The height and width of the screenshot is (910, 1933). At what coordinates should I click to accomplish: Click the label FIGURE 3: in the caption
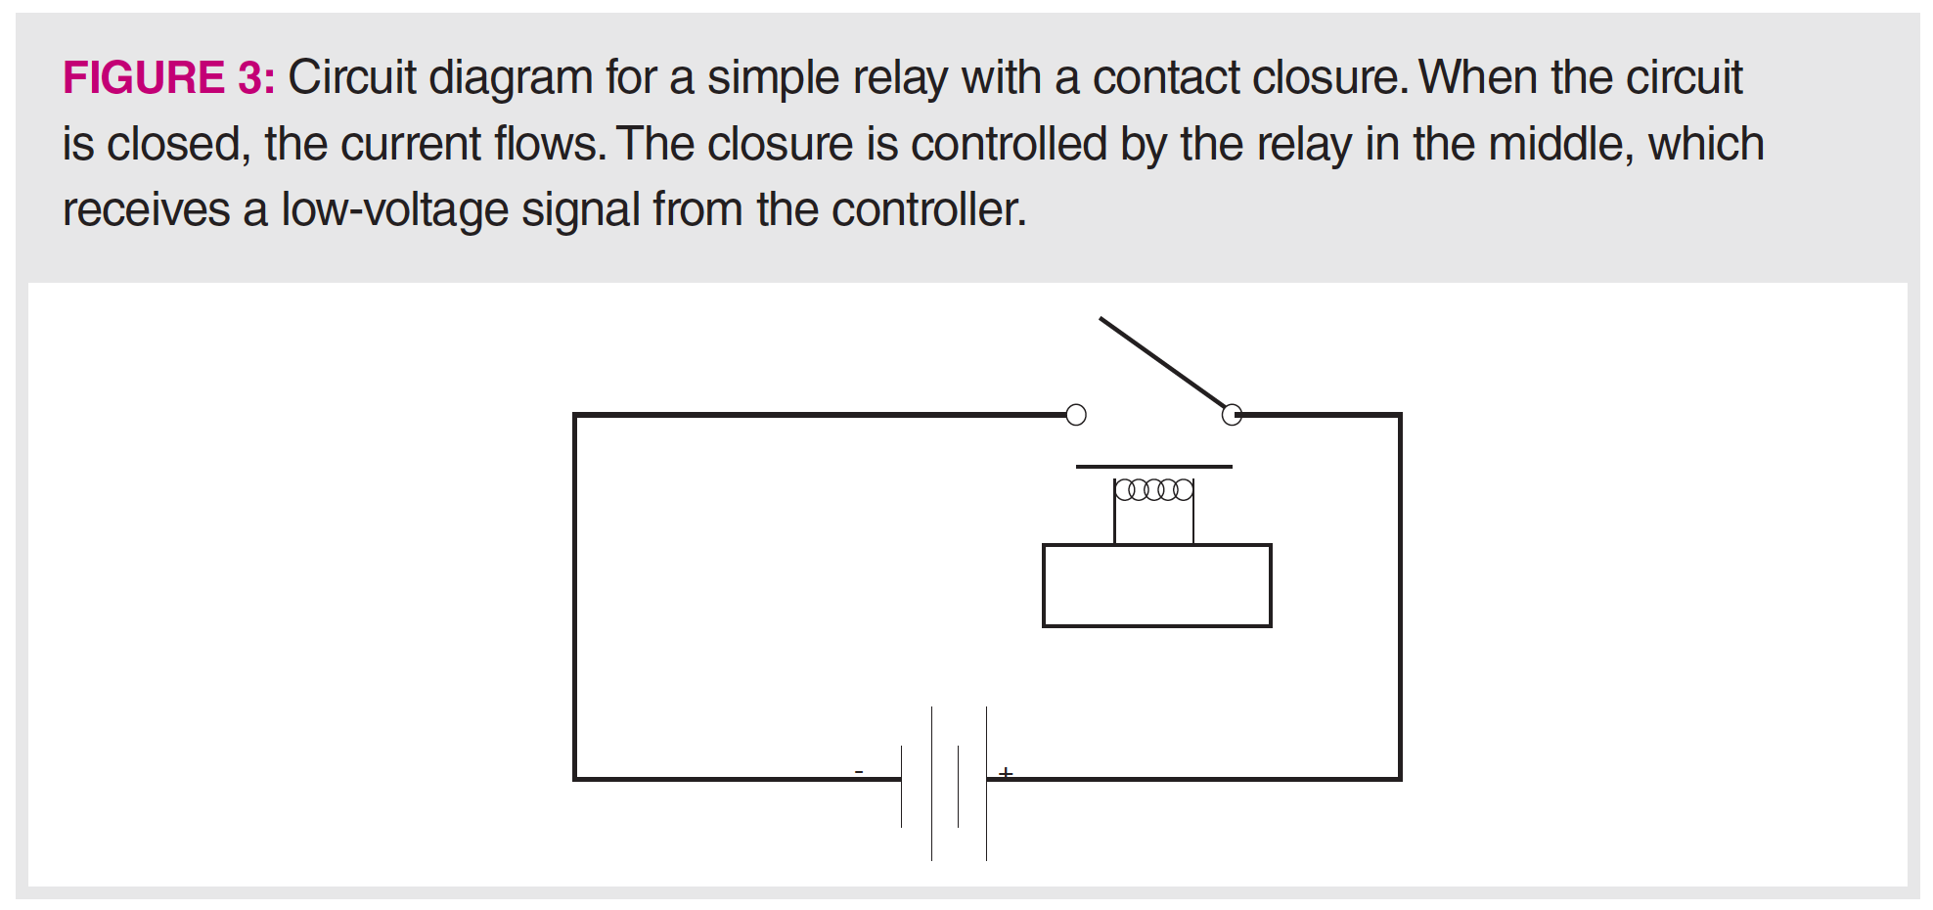(x=168, y=77)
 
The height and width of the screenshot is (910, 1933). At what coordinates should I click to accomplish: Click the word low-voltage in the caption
(x=395, y=209)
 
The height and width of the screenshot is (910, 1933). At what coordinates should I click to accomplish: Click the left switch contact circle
(x=1076, y=415)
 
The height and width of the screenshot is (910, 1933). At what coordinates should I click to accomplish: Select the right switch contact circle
(x=1233, y=415)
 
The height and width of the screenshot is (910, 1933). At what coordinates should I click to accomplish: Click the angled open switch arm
(x=1162, y=361)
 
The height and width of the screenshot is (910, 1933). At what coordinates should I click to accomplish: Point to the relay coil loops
(x=1154, y=489)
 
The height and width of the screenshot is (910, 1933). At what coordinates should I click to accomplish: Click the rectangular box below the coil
(x=1157, y=585)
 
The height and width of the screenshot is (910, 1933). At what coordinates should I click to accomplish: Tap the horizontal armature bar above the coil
(x=1154, y=467)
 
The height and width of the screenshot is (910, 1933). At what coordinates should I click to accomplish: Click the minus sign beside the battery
(x=859, y=772)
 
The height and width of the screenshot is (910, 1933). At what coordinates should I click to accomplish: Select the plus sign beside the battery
(x=1006, y=773)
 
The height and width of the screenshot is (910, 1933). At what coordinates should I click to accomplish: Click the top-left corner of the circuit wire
(x=575, y=415)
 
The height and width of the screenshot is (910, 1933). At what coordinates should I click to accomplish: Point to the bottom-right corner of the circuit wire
(x=1400, y=779)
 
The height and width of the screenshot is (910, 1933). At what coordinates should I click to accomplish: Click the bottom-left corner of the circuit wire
(x=575, y=779)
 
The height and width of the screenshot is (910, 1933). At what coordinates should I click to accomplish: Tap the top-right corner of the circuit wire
(x=1400, y=415)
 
